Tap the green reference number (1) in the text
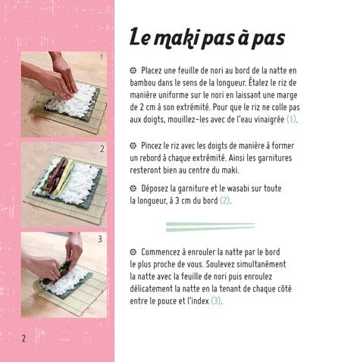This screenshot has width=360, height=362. click(291, 119)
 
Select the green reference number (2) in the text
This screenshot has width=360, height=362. click(224, 201)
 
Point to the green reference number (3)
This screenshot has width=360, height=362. click(216, 301)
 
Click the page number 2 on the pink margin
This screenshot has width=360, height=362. click(23, 338)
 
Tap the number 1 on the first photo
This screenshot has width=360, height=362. click(102, 57)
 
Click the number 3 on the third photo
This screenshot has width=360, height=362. click(100, 239)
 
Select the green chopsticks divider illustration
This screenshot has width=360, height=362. click(210, 226)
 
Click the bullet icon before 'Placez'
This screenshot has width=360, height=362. click(133, 70)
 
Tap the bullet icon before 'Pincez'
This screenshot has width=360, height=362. click(133, 145)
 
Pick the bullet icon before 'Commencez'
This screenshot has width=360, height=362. click(133, 252)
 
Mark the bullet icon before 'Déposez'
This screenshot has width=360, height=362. click(133, 189)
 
